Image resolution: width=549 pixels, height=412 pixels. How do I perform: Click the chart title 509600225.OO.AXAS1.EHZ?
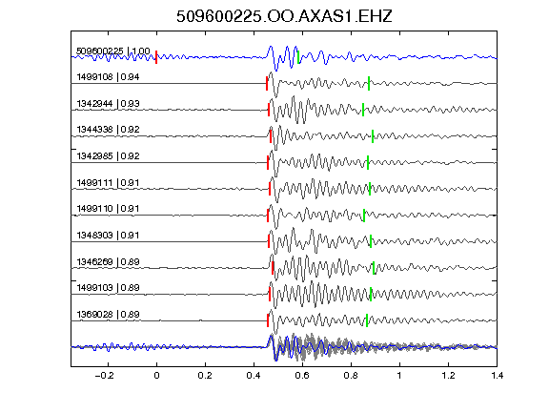(x=284, y=16)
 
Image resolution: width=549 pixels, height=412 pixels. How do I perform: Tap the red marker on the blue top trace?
(x=156, y=57)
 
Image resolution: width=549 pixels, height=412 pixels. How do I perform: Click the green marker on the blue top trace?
(x=298, y=57)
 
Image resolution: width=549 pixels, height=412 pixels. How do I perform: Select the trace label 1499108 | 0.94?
(x=108, y=76)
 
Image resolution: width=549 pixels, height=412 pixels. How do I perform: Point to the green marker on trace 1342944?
(x=363, y=110)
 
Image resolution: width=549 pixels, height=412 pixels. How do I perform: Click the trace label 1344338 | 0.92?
(x=108, y=130)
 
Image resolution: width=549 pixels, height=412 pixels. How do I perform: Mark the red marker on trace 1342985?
(x=268, y=162)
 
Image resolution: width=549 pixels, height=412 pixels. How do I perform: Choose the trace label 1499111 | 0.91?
(x=108, y=182)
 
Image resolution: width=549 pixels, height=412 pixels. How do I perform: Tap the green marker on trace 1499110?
(x=364, y=216)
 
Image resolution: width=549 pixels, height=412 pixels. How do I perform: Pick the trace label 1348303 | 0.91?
(x=108, y=235)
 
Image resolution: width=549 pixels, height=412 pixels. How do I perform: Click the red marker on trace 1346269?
(x=273, y=268)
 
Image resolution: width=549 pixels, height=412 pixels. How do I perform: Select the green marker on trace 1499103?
(x=371, y=295)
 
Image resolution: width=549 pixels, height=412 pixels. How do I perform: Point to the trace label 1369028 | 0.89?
(x=108, y=315)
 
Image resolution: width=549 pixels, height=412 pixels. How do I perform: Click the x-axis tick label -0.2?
(x=105, y=376)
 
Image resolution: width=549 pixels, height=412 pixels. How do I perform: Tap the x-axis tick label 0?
(x=156, y=376)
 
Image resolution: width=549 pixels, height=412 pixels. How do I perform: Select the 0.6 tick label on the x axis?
(x=302, y=376)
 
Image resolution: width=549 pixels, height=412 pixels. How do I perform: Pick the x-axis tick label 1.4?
(x=497, y=376)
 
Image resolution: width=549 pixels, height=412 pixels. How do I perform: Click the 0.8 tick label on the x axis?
(x=351, y=376)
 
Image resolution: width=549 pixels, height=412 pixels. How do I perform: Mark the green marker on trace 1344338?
(x=373, y=136)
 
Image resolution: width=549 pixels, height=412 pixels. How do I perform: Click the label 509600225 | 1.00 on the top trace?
(x=113, y=51)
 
